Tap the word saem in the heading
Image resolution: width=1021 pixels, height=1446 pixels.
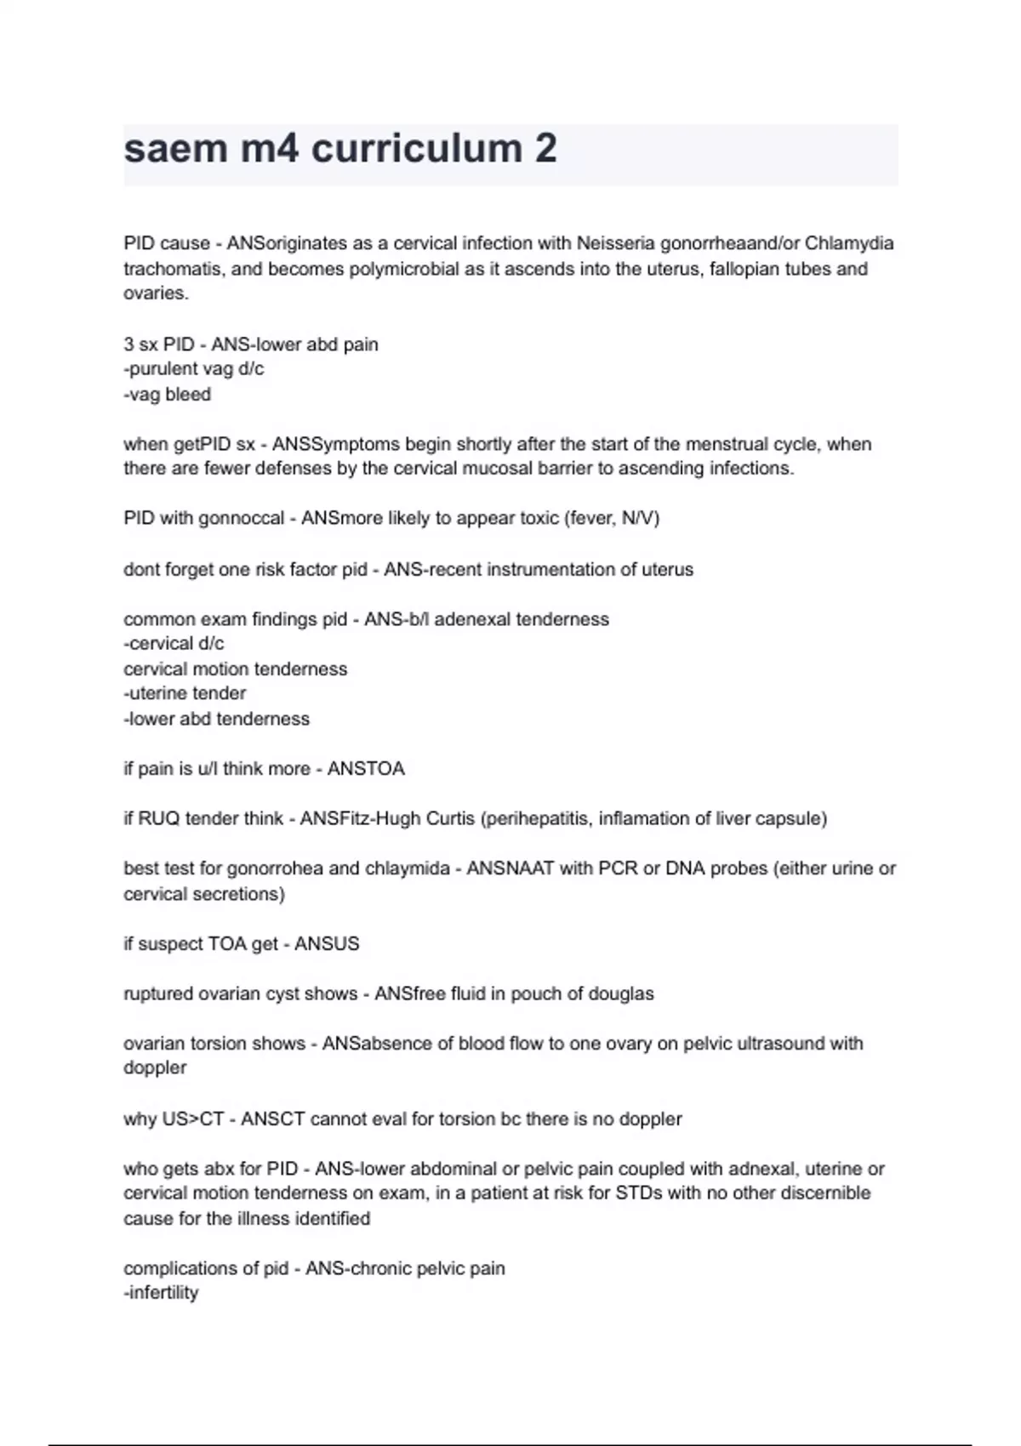(176, 149)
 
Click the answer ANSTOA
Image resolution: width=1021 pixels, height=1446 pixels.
(366, 769)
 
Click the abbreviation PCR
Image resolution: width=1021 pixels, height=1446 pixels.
(619, 868)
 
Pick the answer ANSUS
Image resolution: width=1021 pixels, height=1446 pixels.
(327, 944)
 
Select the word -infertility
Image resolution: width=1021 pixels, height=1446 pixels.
(161, 1293)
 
